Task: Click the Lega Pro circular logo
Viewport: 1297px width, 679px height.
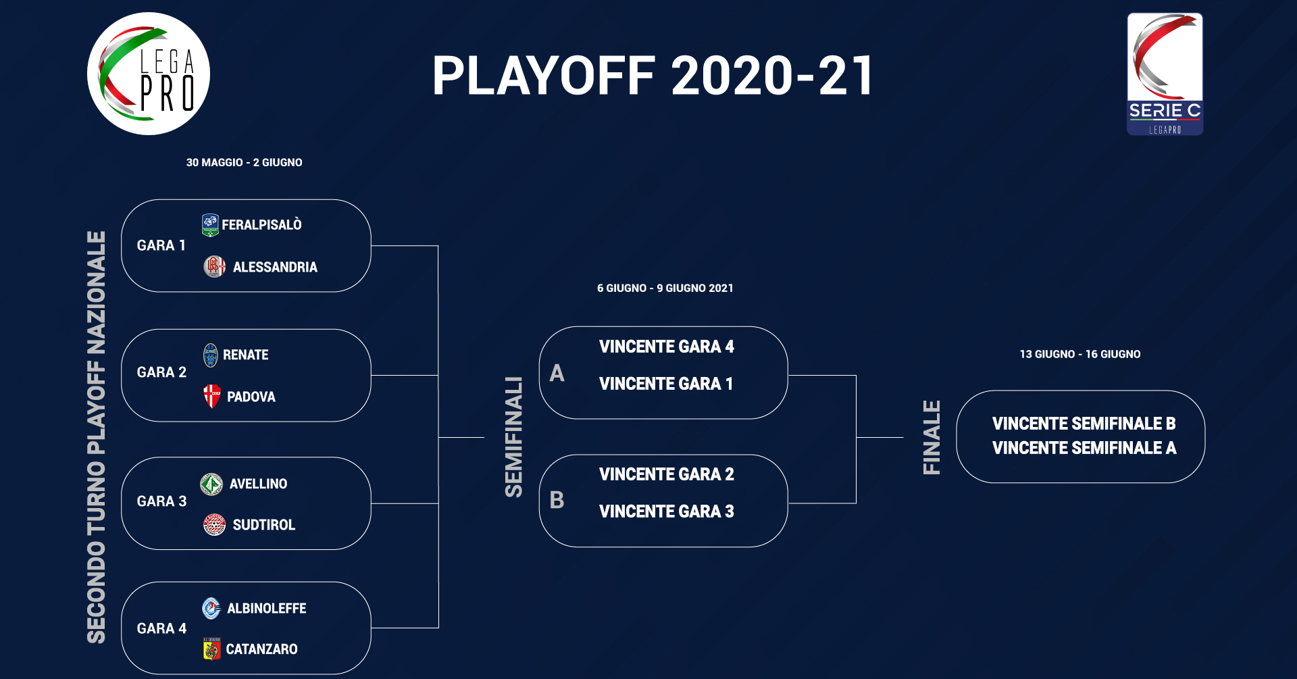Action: pos(149,74)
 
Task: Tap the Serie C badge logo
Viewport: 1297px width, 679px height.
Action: pos(1165,74)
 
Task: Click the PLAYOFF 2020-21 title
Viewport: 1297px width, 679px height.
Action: pos(653,76)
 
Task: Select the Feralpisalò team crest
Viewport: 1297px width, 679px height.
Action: pos(210,225)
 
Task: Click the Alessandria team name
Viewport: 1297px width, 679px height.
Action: pos(275,268)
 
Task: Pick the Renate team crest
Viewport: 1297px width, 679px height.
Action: pos(211,355)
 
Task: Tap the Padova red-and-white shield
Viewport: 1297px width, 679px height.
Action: pos(212,396)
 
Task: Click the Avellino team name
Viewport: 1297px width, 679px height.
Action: pos(258,484)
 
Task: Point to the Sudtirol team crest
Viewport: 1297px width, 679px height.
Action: pos(215,524)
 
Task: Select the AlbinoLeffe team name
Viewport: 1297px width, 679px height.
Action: pos(267,609)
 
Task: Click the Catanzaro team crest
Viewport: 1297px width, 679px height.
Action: pos(212,649)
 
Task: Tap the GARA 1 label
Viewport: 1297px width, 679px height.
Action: pos(161,245)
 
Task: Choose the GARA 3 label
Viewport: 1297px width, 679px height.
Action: pos(161,501)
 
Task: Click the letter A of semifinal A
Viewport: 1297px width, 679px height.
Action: pos(557,373)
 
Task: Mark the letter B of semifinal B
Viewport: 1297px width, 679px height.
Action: pos(557,500)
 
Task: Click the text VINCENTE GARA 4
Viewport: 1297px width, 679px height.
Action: pos(667,347)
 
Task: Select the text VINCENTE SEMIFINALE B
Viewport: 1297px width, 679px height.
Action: pos(1084,424)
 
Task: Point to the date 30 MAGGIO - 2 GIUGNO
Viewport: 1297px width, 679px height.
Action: pos(245,163)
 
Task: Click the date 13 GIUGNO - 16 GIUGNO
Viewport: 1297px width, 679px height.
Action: pos(1080,354)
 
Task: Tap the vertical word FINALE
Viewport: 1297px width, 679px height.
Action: pos(932,438)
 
